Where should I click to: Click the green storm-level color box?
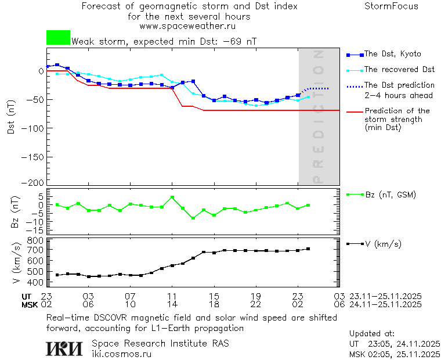[x=58, y=38]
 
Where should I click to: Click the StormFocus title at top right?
[x=391, y=6]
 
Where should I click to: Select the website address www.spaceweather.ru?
[x=187, y=26]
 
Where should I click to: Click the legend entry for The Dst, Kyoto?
[x=392, y=54]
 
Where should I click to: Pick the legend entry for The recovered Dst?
[x=399, y=70]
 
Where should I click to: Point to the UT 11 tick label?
[x=172, y=296]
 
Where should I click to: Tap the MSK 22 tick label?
[x=256, y=304]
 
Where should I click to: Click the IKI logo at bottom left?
[x=64, y=348]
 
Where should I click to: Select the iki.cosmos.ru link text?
[x=121, y=354]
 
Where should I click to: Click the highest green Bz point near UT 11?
[x=172, y=197]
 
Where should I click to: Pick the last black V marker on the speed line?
[x=308, y=249]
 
